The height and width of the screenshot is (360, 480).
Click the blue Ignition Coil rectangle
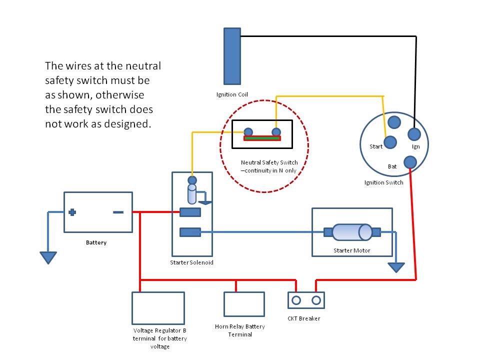coord(232,56)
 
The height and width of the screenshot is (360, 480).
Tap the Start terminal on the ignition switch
coord(390,142)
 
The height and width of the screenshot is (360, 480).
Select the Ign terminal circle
coord(413,134)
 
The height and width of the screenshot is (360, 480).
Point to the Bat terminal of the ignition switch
coord(409,161)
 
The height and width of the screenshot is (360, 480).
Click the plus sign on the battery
coord(72,212)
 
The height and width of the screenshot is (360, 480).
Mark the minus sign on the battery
coord(118,212)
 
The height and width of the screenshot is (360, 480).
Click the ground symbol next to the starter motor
coord(396,267)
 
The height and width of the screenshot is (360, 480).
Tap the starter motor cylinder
coord(351,232)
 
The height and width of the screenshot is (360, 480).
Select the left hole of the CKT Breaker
coord(296,300)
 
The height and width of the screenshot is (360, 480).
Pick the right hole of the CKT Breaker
coord(316,300)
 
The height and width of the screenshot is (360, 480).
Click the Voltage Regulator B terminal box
coord(158,308)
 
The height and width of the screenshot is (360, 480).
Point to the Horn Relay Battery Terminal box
coord(243,304)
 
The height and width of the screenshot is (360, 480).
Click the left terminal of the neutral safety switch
coord(248,132)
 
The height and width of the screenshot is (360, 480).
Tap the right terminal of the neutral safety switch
coord(275,132)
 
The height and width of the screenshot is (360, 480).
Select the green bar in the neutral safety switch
coord(262,138)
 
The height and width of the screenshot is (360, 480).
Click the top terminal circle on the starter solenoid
coord(191,180)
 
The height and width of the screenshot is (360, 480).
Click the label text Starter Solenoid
coord(192,262)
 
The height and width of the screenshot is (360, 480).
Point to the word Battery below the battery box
coord(96,242)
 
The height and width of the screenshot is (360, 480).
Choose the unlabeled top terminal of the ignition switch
coord(394,122)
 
